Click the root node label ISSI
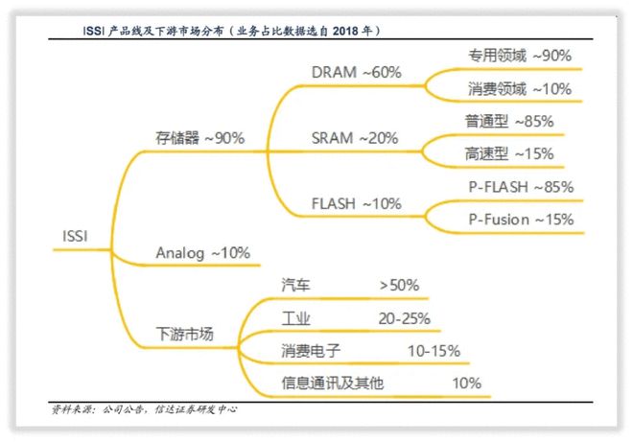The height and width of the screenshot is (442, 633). click(x=75, y=236)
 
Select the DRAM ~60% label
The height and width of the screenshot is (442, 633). click(x=356, y=72)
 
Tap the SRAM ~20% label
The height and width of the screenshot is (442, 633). click(x=355, y=138)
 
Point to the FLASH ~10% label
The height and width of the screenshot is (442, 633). click(x=356, y=203)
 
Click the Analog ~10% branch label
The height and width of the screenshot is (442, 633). click(x=202, y=253)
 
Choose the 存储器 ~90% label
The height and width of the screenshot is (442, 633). click(x=199, y=138)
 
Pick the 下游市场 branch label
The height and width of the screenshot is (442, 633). click(x=184, y=334)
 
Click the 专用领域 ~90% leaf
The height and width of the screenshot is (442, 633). click(x=520, y=56)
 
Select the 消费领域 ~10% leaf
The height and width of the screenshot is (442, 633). click(x=520, y=89)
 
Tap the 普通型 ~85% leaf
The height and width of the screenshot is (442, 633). click(x=508, y=121)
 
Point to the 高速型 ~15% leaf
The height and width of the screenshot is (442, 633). click(x=508, y=153)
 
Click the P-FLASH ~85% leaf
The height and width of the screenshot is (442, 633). click(x=521, y=187)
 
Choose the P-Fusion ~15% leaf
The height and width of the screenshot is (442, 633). click(x=521, y=220)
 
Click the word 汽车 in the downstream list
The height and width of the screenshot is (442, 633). click(x=295, y=285)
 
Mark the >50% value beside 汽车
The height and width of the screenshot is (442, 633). click(x=399, y=286)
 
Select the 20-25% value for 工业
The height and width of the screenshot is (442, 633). click(x=404, y=318)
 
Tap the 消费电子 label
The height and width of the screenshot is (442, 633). click(x=311, y=350)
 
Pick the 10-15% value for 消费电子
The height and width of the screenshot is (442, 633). click(x=434, y=351)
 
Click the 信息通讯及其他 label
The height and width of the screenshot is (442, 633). click(x=332, y=383)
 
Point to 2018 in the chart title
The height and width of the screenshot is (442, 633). click(x=345, y=31)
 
